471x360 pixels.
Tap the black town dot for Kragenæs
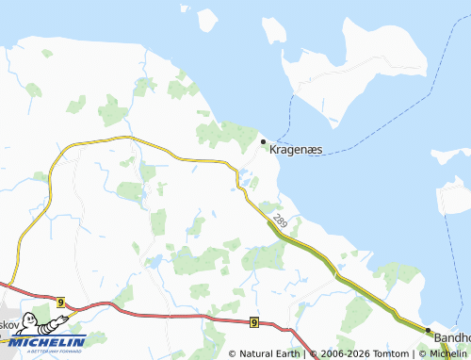tap(263, 141)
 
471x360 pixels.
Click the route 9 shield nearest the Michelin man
tap(59, 302)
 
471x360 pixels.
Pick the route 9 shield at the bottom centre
tap(254, 322)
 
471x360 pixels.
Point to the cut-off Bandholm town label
tap(451, 336)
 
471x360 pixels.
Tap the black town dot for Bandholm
tap(428, 331)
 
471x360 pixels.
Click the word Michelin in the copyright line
tap(444, 353)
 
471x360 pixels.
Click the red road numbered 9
tap(170, 315)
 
